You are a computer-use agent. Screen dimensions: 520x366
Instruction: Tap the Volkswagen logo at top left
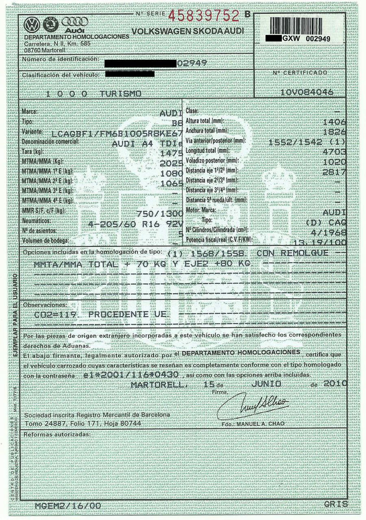[31, 25]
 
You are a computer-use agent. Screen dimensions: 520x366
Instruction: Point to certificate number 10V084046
[307, 92]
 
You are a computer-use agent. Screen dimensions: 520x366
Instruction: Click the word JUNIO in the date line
[266, 384]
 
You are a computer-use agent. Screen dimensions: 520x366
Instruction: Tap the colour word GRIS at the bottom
[336, 504]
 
